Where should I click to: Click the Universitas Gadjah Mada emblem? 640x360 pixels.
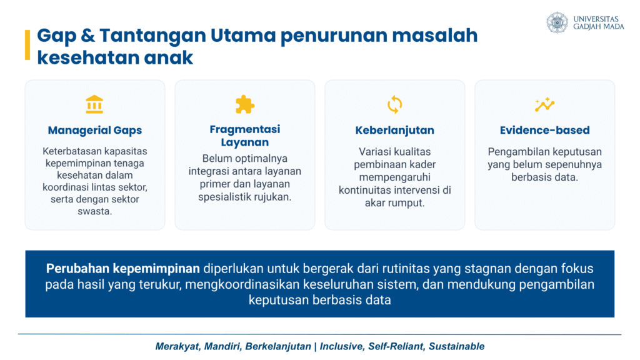(557, 22)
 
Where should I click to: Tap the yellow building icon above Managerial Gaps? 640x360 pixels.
(94, 104)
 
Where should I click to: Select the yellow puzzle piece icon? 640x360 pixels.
(245, 104)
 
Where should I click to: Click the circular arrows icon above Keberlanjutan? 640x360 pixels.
(395, 104)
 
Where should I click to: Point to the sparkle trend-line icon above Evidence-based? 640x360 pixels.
(544, 104)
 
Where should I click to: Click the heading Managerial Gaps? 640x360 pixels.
(95, 130)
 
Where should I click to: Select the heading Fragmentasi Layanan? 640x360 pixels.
(245, 136)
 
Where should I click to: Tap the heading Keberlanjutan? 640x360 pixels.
(395, 130)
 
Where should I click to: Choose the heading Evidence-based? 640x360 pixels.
(545, 130)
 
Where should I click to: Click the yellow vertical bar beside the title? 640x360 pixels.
(27, 45)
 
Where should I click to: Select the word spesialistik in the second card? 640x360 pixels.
(224, 197)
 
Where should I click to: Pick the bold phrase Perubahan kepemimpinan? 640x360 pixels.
(123, 269)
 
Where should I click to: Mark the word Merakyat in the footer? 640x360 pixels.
(177, 346)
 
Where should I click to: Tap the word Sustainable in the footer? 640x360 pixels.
(456, 346)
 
